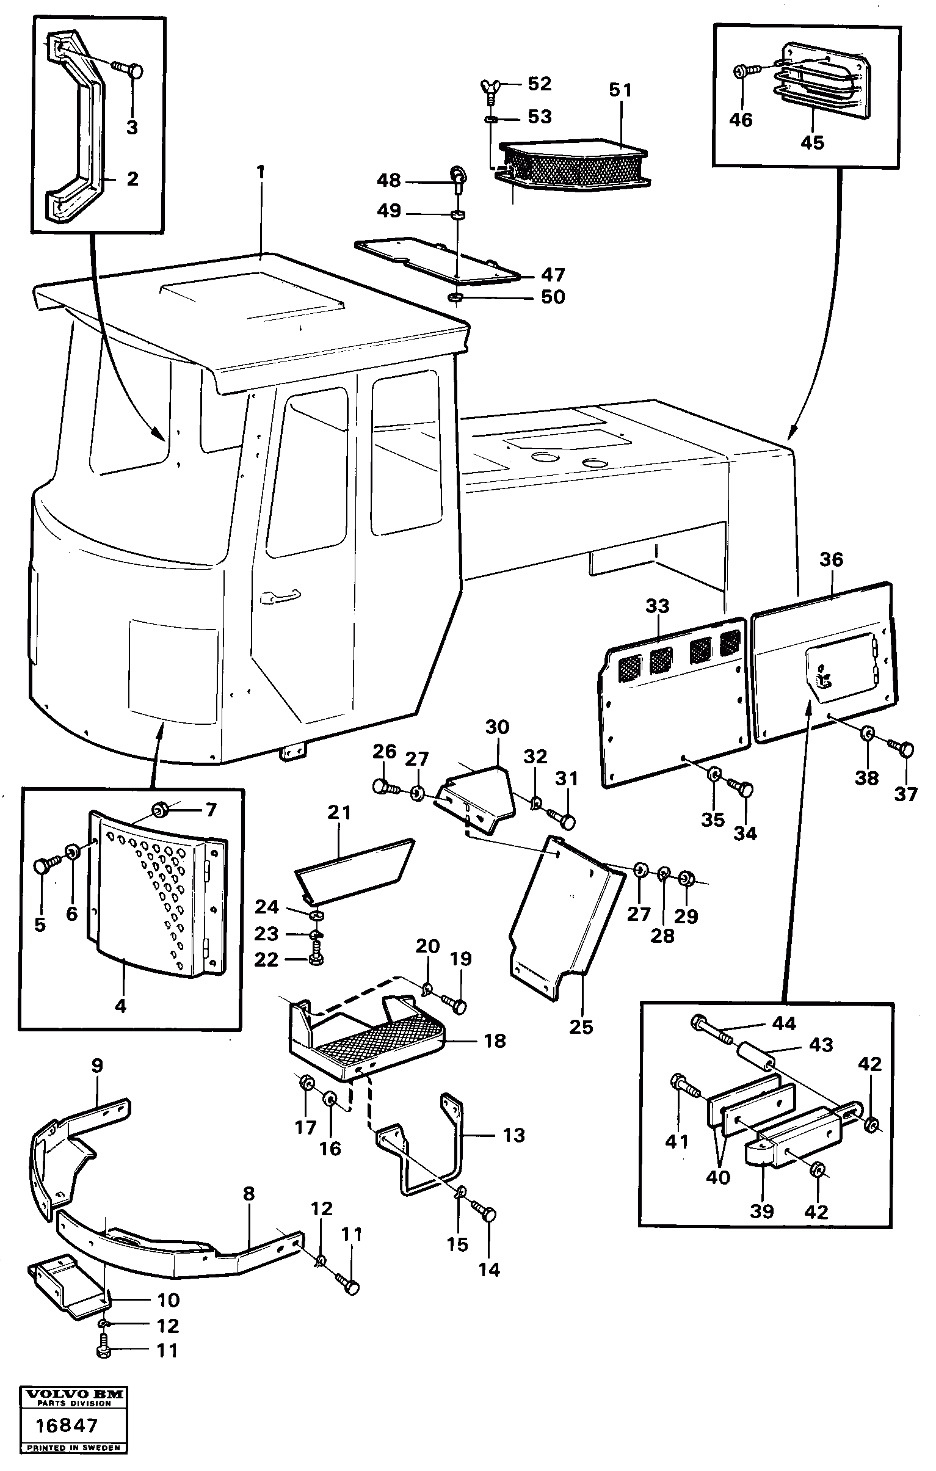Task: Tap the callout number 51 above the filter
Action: click(x=620, y=90)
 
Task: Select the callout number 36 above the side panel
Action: click(x=831, y=559)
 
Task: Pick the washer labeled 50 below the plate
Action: click(x=455, y=297)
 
